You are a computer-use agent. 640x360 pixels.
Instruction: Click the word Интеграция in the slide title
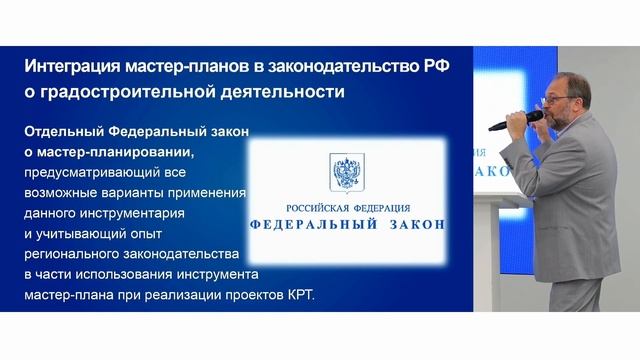[x=71, y=66]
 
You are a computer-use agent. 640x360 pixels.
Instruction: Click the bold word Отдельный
[x=62, y=132]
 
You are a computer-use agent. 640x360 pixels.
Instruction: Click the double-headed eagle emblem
[x=345, y=171]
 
